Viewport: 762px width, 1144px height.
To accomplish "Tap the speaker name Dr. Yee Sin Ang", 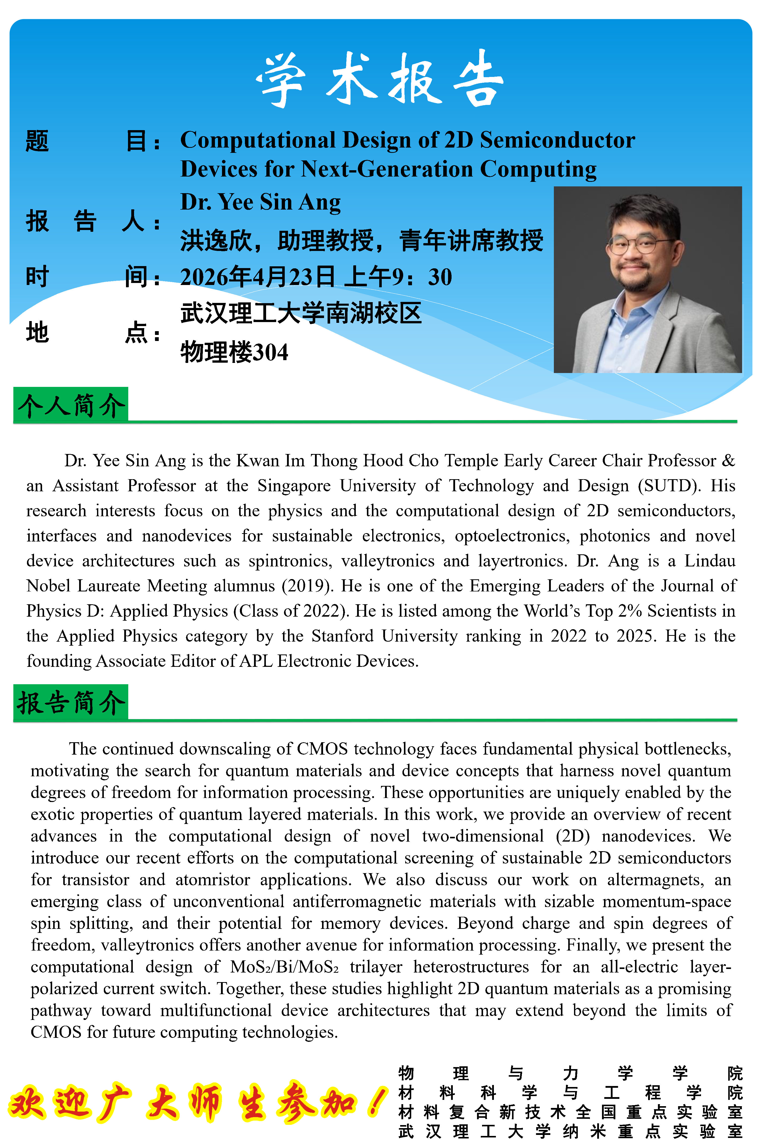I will (261, 202).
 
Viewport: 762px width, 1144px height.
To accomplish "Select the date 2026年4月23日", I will (258, 277).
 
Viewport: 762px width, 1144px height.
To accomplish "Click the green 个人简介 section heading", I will (71, 405).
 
